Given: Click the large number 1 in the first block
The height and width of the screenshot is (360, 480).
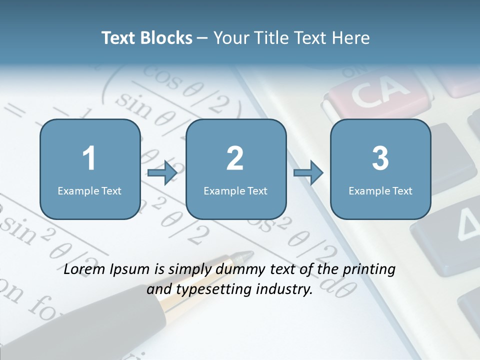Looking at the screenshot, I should tap(89, 158).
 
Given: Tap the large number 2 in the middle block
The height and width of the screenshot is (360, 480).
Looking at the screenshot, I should tap(235, 158).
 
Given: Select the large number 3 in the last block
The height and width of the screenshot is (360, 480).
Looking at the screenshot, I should tap(380, 158).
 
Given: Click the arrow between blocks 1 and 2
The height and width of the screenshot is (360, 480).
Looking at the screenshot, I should tap(162, 173).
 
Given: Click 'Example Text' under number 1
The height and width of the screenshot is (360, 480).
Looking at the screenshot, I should tap(89, 190).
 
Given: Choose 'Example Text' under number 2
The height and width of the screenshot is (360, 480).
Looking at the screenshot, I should tap(235, 190).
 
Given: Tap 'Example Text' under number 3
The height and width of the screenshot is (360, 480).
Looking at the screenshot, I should tap(380, 190).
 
